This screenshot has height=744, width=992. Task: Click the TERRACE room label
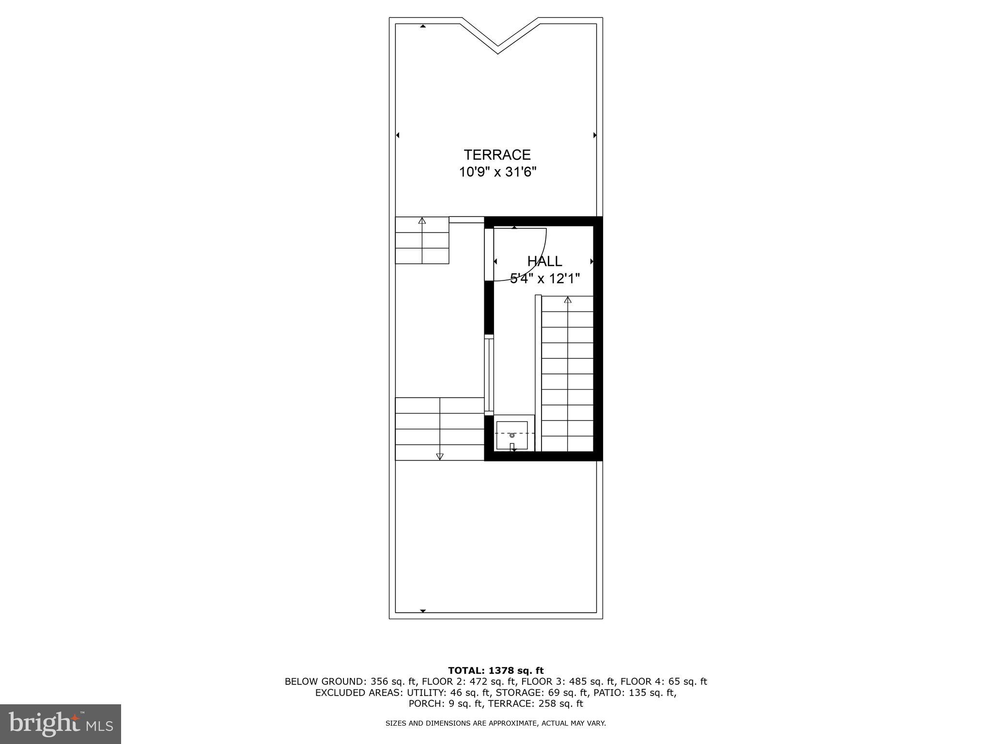(497, 155)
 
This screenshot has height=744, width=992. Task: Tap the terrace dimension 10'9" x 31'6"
(497, 172)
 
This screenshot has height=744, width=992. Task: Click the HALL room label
(544, 262)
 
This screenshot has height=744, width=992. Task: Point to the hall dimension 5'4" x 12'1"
(544, 279)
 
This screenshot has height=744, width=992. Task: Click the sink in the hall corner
(512, 435)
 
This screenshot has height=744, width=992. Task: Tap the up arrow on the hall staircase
(568, 300)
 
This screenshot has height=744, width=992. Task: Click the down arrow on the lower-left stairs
(440, 456)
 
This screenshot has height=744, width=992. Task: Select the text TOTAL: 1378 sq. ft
(496, 670)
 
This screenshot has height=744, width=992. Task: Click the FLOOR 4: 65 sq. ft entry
(664, 682)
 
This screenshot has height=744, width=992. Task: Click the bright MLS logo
(61, 724)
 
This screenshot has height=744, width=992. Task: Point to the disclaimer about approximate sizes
(496, 723)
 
